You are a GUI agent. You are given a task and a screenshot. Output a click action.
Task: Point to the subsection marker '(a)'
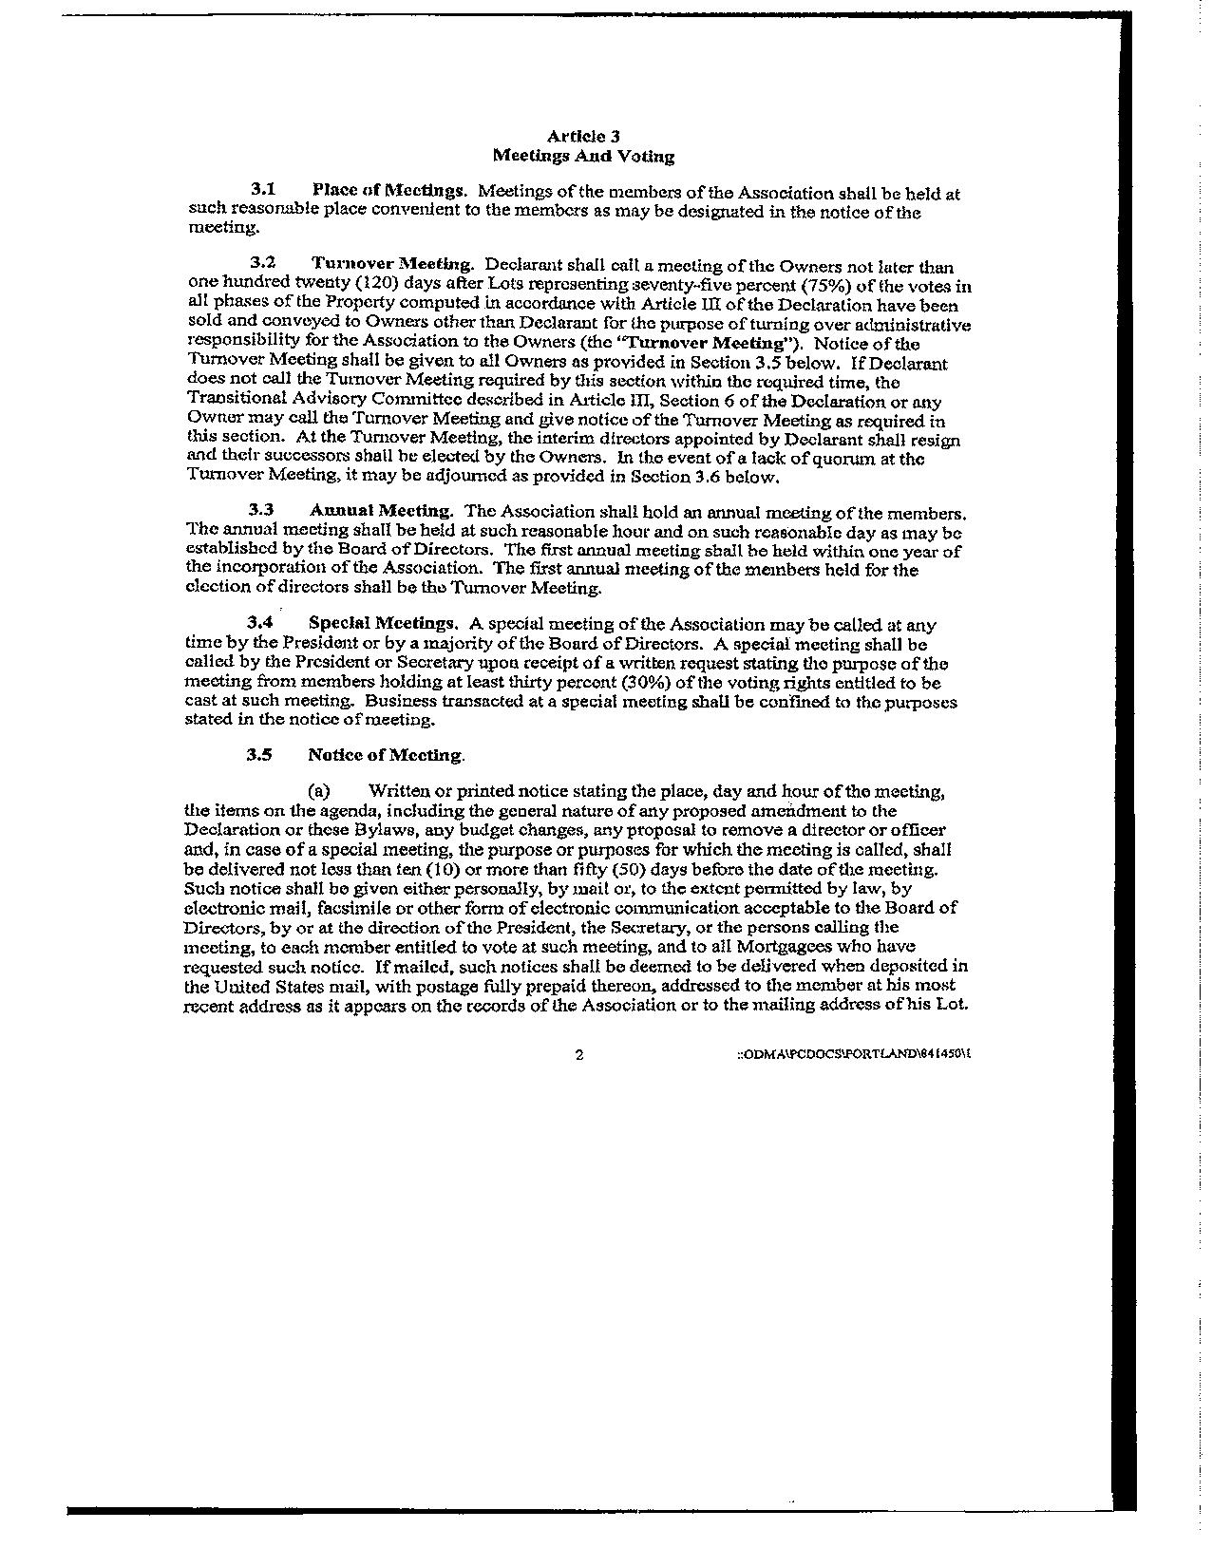[x=318, y=791]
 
